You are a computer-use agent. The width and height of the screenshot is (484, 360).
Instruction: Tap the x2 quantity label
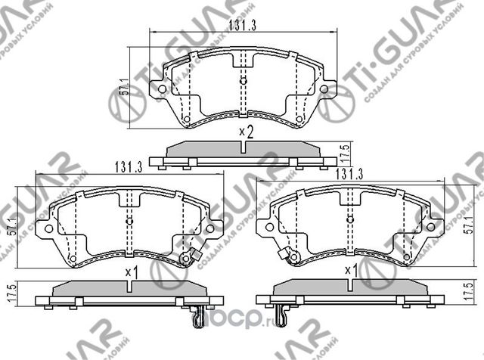pyautogui.click(x=245, y=132)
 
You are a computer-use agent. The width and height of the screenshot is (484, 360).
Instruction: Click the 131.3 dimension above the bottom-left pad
pyautogui.click(x=129, y=169)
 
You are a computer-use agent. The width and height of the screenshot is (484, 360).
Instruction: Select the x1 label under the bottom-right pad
pyautogui.click(x=350, y=270)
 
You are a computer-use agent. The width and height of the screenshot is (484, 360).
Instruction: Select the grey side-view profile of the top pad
pyautogui.click(x=243, y=150)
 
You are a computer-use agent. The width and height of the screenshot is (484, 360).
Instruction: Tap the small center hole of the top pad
pyautogui.click(x=242, y=79)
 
